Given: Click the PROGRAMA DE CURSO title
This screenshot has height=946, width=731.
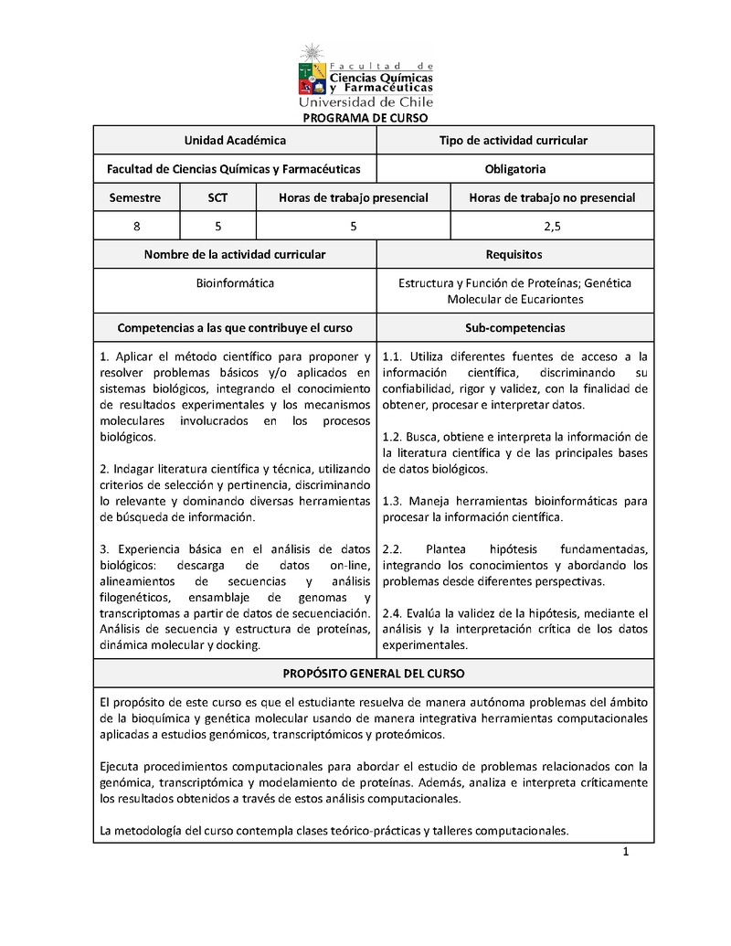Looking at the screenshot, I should pos(365,118).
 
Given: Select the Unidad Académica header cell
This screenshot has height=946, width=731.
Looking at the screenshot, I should pos(235,140).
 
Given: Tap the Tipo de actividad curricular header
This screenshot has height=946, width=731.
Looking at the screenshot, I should pos(514,140).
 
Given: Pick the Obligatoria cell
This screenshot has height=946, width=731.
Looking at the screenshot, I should pos(515,168).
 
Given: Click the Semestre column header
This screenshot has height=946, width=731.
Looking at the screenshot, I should pos(135,197).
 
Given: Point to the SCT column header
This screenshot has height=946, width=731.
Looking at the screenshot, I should pos(218,197).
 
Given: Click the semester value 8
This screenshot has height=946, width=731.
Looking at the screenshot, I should pos(136,226).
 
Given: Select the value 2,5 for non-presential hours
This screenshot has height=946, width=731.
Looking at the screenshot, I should pos(551,226).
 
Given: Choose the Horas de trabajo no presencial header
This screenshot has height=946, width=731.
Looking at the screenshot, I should pos(551,197).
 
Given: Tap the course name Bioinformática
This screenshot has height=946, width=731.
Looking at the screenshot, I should pos(235,283).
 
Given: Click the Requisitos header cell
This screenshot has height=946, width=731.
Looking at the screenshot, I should pos(514,254).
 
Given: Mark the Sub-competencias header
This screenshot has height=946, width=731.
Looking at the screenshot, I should pos(514,327).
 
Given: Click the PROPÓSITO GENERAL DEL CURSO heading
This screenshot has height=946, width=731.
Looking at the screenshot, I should pos(373,673).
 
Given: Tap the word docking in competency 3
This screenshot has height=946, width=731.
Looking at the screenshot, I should pos(237,645).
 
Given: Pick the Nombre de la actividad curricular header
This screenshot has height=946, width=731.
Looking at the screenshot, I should pos(235,254).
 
